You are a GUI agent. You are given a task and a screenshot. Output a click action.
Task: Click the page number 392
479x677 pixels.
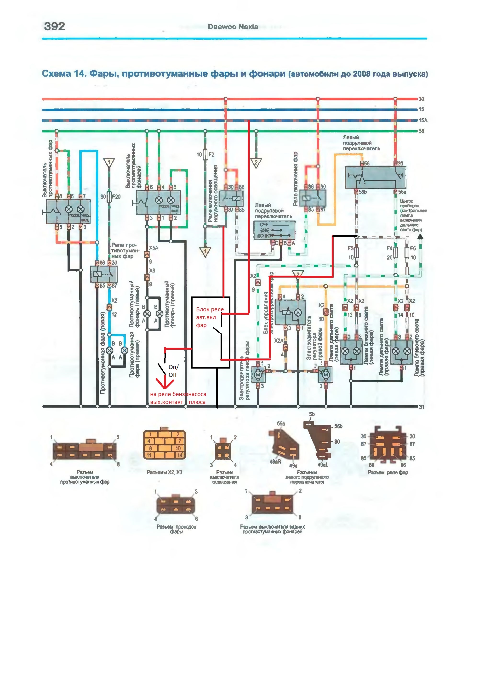pyautogui.click(x=54, y=27)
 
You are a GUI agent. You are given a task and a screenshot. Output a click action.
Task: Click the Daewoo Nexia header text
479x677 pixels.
pyautogui.click(x=233, y=27)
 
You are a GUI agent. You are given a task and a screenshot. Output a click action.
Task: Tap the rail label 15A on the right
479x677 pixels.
pyautogui.click(x=423, y=120)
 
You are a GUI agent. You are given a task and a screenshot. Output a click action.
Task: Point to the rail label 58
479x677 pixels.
pyautogui.click(x=422, y=131)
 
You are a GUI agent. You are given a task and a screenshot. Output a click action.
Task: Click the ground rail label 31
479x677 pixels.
pyautogui.click(x=422, y=407)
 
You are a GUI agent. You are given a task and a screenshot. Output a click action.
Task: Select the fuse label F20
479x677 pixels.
pyautogui.click(x=116, y=197)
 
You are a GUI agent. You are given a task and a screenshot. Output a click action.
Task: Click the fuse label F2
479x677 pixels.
pyautogui.click(x=211, y=154)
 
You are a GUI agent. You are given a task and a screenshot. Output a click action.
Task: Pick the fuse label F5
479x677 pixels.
pyautogui.click(x=350, y=248)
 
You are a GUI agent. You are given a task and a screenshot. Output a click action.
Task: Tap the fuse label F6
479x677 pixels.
pyautogui.click(x=413, y=248)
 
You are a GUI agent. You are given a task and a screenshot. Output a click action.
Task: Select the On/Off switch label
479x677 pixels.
pyautogui.click(x=173, y=371)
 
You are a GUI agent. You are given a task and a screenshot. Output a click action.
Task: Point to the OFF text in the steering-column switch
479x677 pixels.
pyautogui.click(x=264, y=225)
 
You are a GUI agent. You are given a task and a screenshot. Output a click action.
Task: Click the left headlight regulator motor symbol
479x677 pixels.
pyautogui.click(x=258, y=375)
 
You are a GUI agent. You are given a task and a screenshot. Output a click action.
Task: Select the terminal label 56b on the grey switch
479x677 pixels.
pyautogui.click(x=363, y=192)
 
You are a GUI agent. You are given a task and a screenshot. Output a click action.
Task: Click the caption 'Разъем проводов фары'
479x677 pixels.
pyautogui.click(x=176, y=529)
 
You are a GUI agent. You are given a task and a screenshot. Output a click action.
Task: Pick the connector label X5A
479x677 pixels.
pyautogui.click(x=153, y=248)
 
